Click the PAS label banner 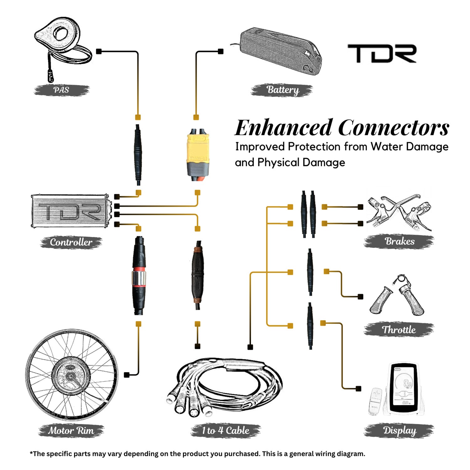(x=61, y=90)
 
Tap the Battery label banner (x=282, y=90)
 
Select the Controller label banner (x=71, y=242)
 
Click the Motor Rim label (x=71, y=431)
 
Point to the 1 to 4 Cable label (x=226, y=431)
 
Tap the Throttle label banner (x=399, y=330)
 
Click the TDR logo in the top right (x=382, y=53)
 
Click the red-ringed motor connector (x=138, y=276)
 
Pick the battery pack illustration (x=280, y=52)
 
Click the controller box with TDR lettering (x=70, y=211)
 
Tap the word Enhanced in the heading (x=283, y=128)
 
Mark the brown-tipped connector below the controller (x=198, y=276)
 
